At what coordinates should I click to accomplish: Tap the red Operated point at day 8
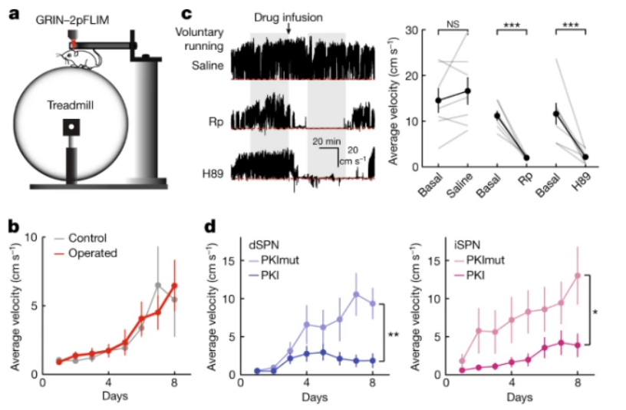point(175,286)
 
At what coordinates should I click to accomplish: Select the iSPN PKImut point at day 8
point(577,276)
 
